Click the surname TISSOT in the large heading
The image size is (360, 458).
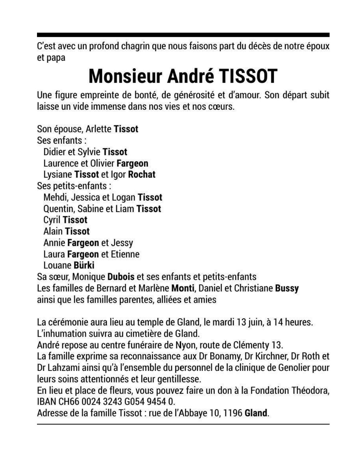[x=248, y=76]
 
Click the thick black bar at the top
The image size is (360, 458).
[x=183, y=35]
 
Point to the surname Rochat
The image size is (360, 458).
[x=142, y=174]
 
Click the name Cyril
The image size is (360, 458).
[x=52, y=220]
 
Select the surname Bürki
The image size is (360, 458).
[x=84, y=265]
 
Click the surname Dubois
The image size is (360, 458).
[x=121, y=277]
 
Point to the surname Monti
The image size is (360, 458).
[x=183, y=288]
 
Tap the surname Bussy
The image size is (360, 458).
[x=287, y=288]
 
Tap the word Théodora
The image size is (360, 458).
[x=310, y=390]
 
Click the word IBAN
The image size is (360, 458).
[x=47, y=402]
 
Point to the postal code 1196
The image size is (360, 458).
[x=232, y=413]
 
